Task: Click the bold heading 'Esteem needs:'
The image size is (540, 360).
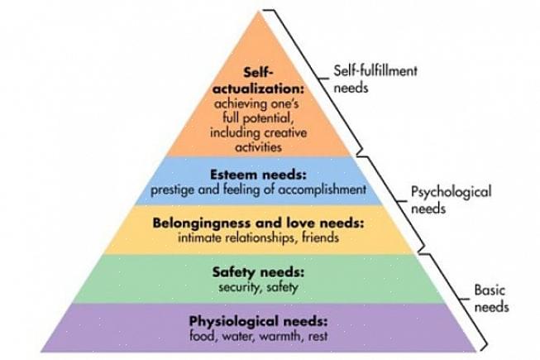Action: point(257,175)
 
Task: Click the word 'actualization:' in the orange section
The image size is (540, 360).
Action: point(258,88)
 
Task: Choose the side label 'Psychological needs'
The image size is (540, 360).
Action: point(451,199)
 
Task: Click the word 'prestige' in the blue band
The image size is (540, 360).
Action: point(171,189)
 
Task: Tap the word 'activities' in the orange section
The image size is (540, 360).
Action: point(258,146)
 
